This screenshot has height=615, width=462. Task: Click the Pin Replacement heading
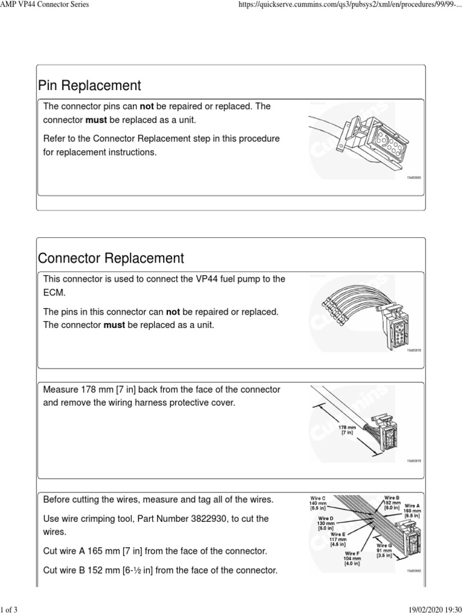point(89,85)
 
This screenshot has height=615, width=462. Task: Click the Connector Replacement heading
point(111,258)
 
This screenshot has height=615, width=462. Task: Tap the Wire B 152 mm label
point(392,502)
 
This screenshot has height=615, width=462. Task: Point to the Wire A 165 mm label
point(412,510)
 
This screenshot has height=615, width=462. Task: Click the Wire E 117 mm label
point(337,538)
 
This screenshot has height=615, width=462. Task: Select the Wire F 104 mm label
point(353,558)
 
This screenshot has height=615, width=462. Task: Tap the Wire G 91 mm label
point(384,549)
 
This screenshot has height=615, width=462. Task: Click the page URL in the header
point(346,5)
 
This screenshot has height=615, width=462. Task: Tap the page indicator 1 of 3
point(10,610)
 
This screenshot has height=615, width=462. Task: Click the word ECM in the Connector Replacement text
point(53,292)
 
